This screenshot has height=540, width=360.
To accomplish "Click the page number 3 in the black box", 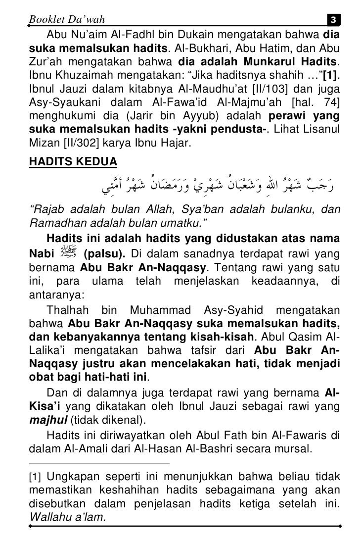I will (333, 20).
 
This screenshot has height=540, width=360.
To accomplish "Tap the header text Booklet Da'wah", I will (67, 19).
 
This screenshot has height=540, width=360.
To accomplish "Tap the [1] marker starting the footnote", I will (36, 477).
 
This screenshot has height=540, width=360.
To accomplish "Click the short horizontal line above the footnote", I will (99, 464).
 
